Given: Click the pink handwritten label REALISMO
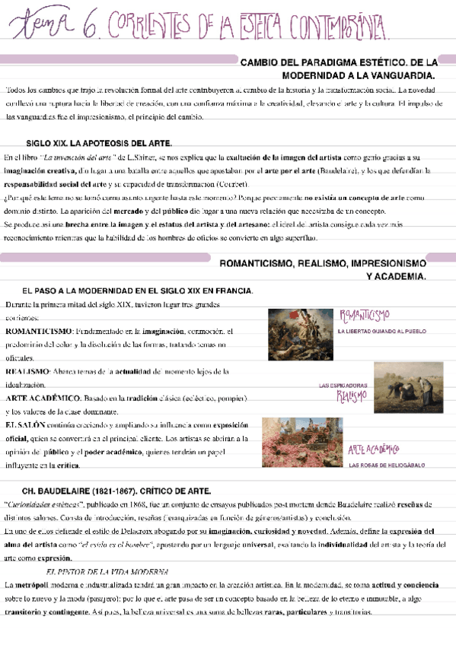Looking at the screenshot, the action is point(351,396).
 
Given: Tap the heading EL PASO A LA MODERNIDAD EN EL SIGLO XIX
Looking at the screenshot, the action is point(138,291).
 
